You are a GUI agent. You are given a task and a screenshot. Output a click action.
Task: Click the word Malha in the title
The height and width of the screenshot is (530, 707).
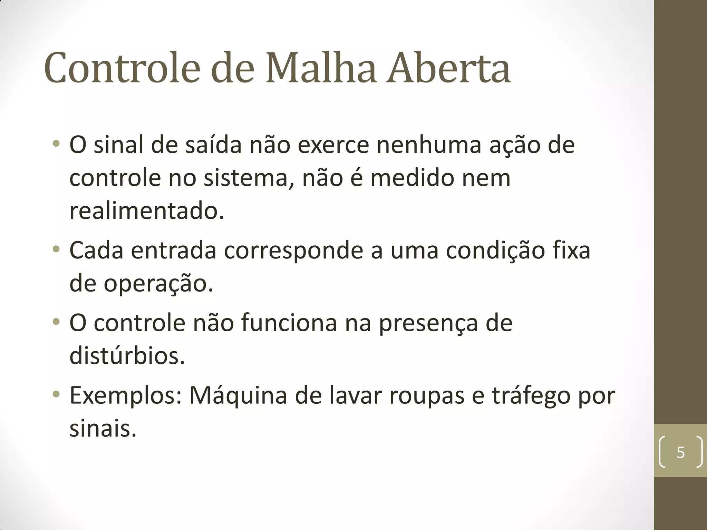click(x=321, y=68)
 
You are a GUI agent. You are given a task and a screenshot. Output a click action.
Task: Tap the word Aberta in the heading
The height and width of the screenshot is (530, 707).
click(x=448, y=68)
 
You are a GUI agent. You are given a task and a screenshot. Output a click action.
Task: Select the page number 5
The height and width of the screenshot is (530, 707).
click(x=680, y=452)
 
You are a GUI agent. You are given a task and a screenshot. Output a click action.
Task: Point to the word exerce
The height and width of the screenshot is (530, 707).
click(x=333, y=145)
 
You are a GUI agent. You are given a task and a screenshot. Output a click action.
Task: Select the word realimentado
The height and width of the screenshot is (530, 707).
click(x=147, y=211)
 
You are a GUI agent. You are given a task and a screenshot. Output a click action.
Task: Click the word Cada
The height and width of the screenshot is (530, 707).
click(x=96, y=250)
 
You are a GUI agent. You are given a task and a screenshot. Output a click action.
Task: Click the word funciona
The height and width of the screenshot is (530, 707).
click(x=289, y=323)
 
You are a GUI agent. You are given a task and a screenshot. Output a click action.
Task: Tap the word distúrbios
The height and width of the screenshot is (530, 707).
click(x=127, y=356)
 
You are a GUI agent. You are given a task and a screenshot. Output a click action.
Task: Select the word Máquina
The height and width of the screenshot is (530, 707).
click(x=238, y=396)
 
